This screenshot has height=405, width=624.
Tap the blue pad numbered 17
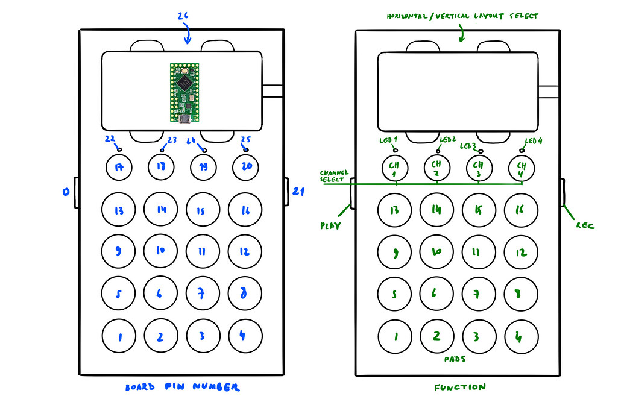119,167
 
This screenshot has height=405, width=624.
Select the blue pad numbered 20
246,167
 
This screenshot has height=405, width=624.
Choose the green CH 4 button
522,168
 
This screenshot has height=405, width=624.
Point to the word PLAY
331,226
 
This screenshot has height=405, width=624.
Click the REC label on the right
585,226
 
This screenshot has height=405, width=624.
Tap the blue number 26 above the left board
183,17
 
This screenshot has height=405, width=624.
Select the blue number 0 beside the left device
65,193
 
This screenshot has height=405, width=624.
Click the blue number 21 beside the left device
298,192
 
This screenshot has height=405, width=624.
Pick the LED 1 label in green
388,140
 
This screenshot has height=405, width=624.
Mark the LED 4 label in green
534,141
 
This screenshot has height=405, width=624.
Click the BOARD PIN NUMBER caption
181,388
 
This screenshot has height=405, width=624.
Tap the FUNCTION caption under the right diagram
459,388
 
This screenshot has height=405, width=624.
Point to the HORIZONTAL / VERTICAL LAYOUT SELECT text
462,16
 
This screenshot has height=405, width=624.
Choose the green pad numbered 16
522,210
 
